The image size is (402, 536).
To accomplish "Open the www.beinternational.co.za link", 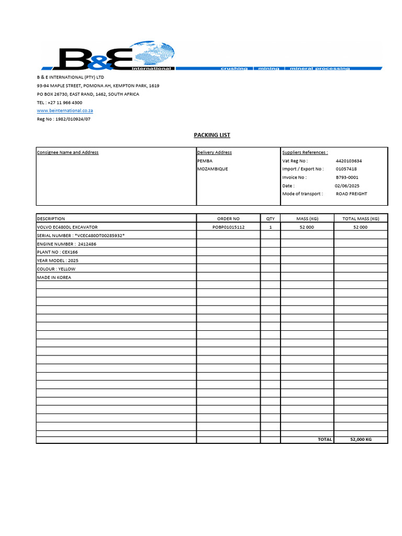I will [x=65, y=111].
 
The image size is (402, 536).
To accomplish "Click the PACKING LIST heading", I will [x=212, y=135].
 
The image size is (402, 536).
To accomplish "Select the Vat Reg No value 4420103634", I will [x=349, y=161].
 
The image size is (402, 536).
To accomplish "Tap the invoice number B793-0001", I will [x=347, y=177].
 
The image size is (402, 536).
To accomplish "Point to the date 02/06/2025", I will [x=347, y=186].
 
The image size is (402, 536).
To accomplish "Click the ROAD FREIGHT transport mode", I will [x=351, y=194].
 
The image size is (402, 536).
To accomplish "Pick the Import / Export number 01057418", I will [x=346, y=169].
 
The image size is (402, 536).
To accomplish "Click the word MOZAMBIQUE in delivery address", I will [x=213, y=169].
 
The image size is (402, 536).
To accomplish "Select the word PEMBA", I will [x=205, y=161].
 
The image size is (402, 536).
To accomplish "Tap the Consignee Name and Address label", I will [x=68, y=152].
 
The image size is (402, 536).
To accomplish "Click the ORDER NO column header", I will [x=228, y=218].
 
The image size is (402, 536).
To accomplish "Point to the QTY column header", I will [x=270, y=218].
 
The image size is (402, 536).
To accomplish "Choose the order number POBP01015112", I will [x=228, y=227].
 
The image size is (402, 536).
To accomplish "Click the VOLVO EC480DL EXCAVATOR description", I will [x=67, y=227].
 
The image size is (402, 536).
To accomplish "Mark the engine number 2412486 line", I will [x=66, y=244].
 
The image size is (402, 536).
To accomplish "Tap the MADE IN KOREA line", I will [x=54, y=277].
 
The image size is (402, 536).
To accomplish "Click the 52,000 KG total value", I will [x=361, y=440].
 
